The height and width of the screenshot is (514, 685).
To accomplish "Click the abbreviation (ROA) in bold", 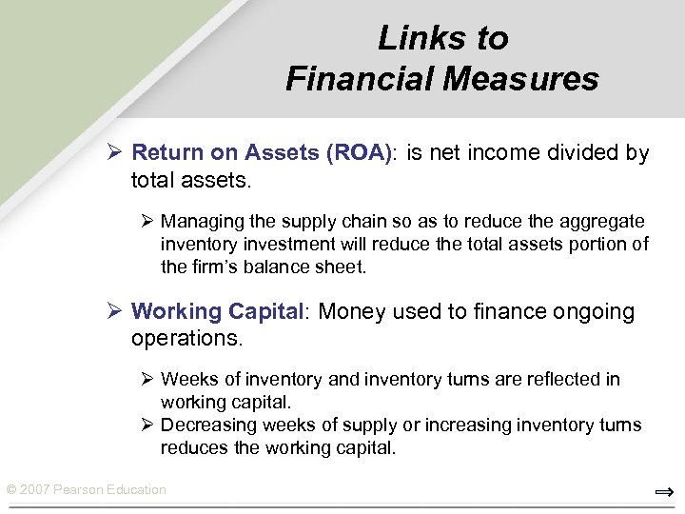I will (x=358, y=152).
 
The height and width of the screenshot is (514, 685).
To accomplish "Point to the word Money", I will (x=349, y=311).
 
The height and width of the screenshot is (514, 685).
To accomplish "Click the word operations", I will (x=186, y=338).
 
